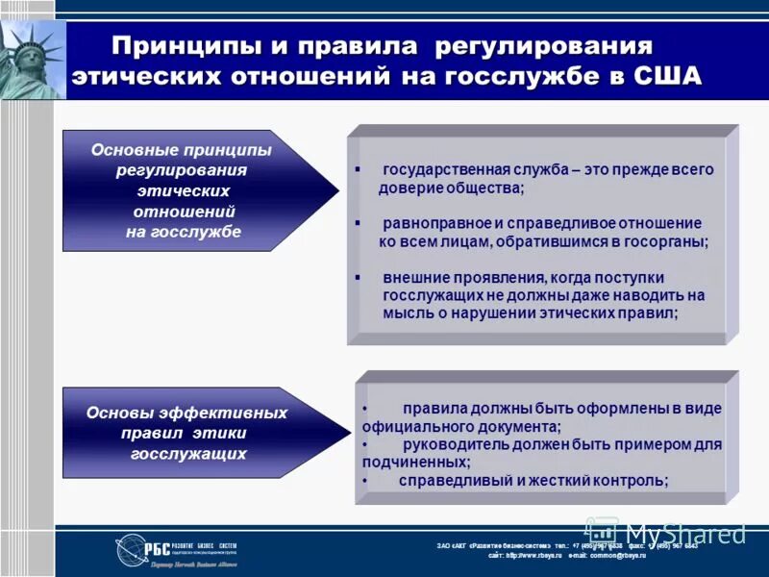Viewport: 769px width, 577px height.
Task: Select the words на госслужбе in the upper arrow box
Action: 183,232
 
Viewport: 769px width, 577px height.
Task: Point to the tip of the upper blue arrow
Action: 337,190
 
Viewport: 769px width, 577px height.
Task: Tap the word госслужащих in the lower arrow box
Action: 188,453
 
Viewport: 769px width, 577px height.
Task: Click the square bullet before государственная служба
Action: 358,169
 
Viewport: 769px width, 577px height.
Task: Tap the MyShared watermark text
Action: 684,532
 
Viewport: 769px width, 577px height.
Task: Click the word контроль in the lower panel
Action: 630,481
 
